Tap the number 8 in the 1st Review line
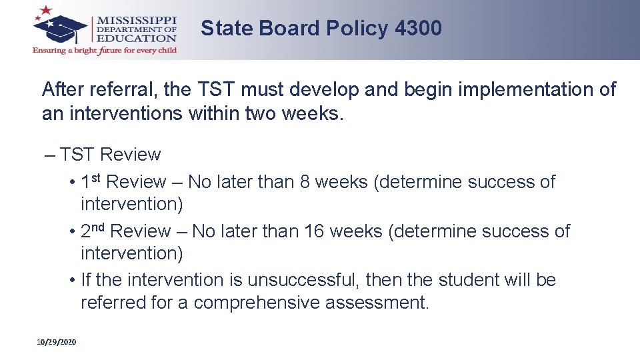coord(305,182)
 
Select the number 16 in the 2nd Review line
coord(313,231)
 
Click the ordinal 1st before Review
coord(91,181)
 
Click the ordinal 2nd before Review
coord(93,230)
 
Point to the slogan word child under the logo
coord(165,51)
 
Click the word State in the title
coord(227,28)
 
